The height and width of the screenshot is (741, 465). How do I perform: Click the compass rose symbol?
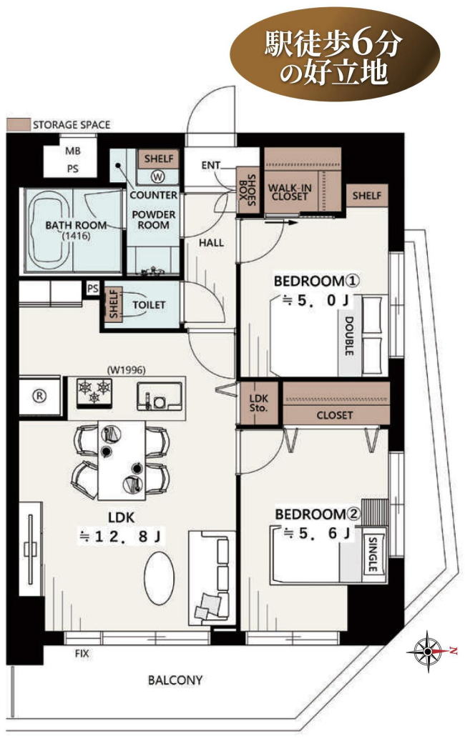(428, 651)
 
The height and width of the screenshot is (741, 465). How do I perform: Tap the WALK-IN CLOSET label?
(290, 192)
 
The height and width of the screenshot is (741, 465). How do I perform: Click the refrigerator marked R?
(40, 396)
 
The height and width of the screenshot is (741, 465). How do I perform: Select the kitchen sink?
(160, 396)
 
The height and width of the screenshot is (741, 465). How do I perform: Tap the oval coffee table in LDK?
(159, 578)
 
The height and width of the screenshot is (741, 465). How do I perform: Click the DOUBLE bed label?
(349, 336)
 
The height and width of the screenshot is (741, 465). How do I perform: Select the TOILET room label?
(149, 305)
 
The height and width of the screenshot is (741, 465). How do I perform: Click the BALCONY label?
(175, 680)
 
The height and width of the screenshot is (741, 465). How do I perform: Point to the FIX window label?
(82, 654)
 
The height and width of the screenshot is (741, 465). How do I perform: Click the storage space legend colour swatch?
(18, 124)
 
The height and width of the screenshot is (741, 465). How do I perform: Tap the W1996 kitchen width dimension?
(126, 370)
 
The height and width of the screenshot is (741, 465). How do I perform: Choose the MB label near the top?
(73, 151)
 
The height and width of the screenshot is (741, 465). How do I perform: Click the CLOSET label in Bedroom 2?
(334, 415)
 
